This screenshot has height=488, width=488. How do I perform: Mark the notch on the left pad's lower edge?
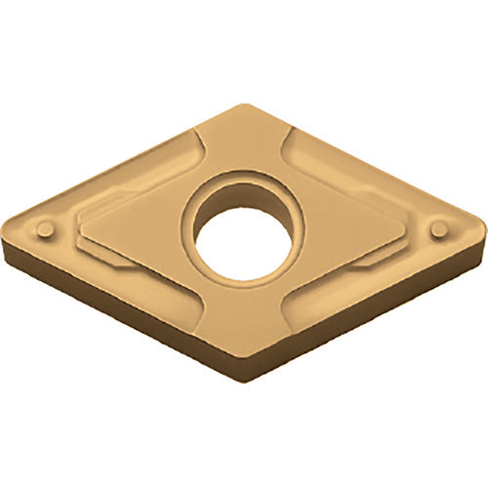122,262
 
